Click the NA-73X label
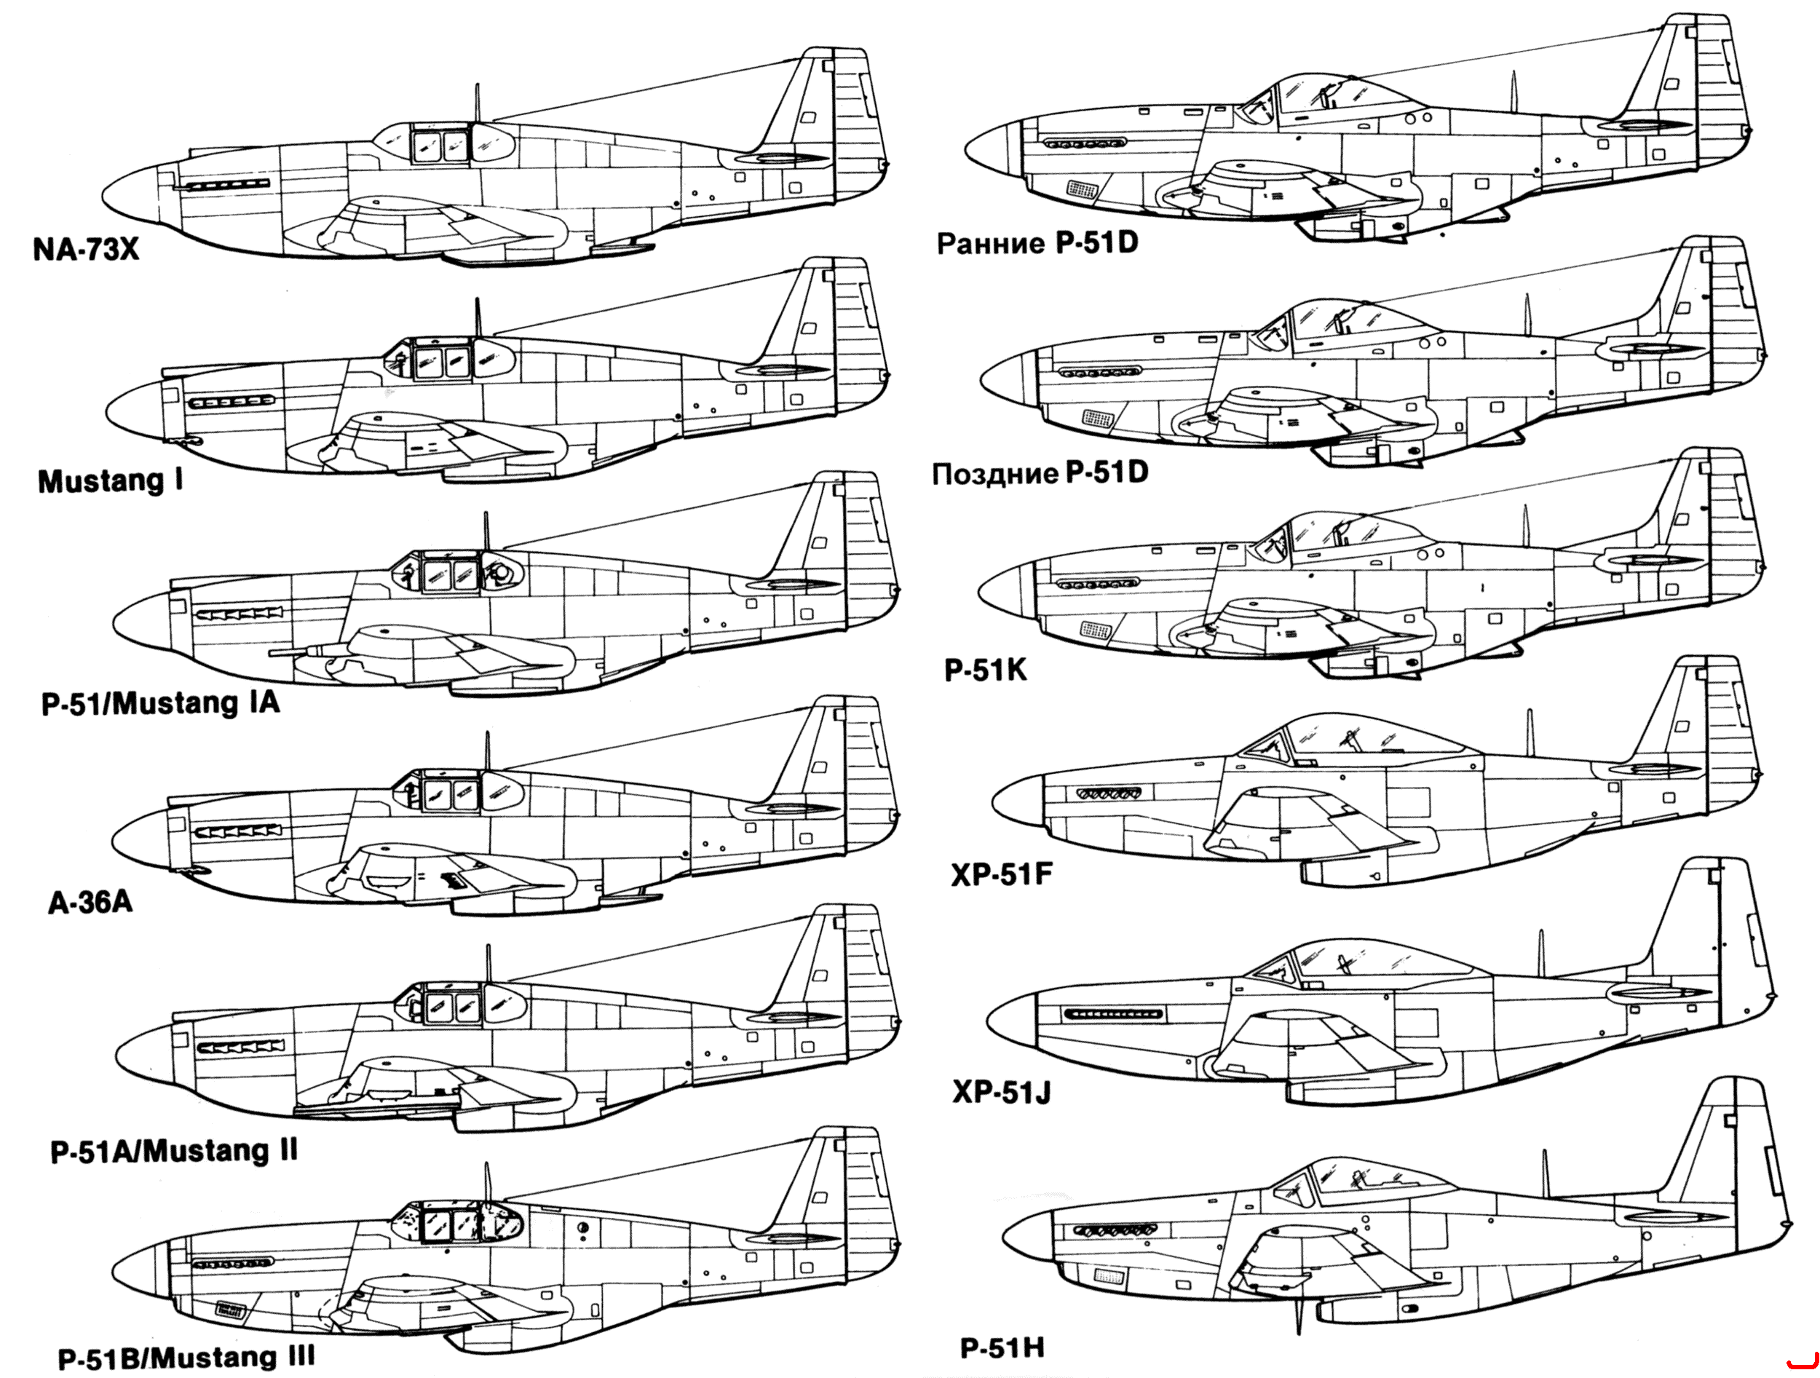tap(86, 249)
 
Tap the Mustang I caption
tap(110, 481)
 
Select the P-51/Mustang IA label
tap(160, 702)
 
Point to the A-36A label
tap(90, 903)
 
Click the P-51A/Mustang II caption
tap(173, 1151)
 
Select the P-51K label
tap(986, 670)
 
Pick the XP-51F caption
tap(1001, 874)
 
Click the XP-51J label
tap(1001, 1092)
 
